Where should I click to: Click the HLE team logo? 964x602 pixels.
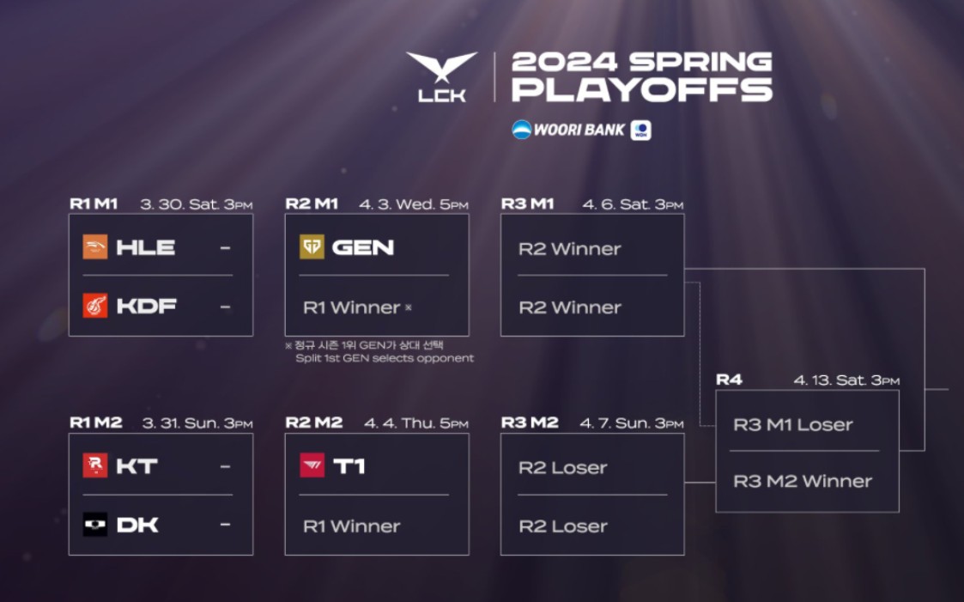click(x=95, y=247)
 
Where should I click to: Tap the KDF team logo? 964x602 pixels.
click(x=95, y=306)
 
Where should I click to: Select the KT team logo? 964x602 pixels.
click(x=95, y=465)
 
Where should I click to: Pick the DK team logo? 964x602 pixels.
click(x=95, y=525)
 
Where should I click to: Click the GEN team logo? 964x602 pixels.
click(x=312, y=247)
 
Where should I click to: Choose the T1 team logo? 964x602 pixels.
click(x=312, y=465)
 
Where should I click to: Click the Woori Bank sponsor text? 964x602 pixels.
click(x=579, y=130)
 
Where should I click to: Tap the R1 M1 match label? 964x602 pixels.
click(x=94, y=204)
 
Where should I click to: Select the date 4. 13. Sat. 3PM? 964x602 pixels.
click(x=846, y=380)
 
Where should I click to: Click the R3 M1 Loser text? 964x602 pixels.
click(x=793, y=425)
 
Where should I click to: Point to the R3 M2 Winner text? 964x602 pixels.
click(x=803, y=482)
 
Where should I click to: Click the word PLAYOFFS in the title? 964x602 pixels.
click(x=642, y=90)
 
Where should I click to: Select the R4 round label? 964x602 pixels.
click(x=729, y=380)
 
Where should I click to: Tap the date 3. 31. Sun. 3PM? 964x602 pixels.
click(x=197, y=423)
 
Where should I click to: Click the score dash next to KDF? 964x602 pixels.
click(x=225, y=307)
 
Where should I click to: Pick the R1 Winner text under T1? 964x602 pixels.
click(x=352, y=526)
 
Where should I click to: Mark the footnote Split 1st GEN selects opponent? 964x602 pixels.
click(x=385, y=358)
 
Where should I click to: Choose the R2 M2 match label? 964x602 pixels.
click(x=314, y=423)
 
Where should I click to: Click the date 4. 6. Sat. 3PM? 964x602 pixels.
click(x=633, y=204)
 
